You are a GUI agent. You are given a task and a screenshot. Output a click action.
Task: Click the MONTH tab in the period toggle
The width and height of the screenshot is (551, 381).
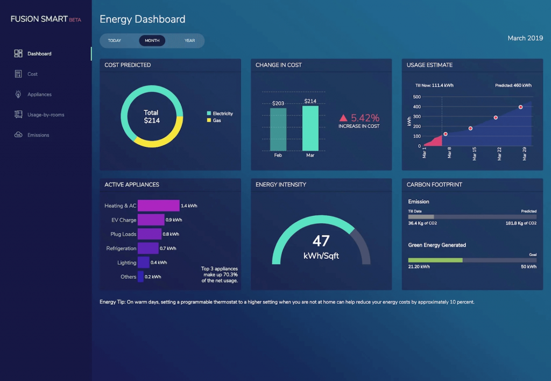click(152, 40)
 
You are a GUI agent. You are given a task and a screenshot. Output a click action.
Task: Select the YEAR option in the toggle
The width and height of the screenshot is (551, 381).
click(189, 40)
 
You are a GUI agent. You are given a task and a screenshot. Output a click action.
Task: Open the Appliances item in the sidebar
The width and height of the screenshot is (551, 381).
click(39, 94)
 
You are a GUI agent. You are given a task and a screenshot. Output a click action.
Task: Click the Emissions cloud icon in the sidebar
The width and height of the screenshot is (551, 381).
click(18, 135)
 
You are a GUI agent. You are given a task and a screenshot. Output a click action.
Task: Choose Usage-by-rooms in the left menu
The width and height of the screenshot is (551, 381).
click(46, 115)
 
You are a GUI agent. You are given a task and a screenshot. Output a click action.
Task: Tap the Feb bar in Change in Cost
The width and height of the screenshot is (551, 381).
click(278, 129)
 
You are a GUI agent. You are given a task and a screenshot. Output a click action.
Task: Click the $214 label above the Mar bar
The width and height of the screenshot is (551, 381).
click(310, 101)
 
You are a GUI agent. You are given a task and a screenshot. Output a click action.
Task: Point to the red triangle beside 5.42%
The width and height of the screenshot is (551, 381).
click(343, 118)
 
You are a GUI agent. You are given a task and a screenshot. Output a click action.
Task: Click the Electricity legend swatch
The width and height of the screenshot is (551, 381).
click(209, 114)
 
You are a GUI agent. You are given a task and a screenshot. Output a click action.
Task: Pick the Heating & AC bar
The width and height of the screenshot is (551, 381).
click(158, 206)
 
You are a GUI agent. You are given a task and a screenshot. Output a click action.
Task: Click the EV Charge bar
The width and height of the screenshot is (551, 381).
click(151, 220)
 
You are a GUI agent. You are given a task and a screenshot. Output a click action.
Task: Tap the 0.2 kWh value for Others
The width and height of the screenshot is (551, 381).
click(153, 277)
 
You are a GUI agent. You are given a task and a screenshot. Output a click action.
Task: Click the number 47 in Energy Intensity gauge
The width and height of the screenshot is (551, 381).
click(321, 241)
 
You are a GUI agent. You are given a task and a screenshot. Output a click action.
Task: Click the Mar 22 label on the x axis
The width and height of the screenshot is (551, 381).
click(499, 154)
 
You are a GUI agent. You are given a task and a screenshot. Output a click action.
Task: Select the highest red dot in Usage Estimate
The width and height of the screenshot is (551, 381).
click(520, 107)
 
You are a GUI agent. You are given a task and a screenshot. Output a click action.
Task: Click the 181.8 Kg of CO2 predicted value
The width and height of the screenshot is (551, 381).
click(521, 223)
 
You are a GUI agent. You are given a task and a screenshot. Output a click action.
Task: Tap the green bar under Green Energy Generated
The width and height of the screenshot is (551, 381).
click(435, 260)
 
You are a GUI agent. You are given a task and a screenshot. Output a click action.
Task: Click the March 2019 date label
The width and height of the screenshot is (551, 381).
click(525, 38)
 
